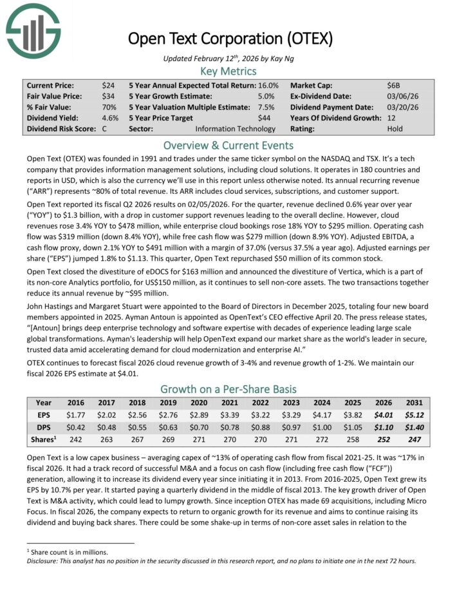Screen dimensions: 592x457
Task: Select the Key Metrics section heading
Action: click(x=228, y=71)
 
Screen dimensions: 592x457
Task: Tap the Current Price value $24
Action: click(x=109, y=84)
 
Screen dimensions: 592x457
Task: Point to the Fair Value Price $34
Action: click(x=109, y=95)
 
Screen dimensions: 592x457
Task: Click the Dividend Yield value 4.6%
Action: click(x=110, y=117)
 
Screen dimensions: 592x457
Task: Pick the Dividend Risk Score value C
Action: click(x=106, y=128)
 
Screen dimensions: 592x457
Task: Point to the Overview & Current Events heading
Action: click(x=228, y=144)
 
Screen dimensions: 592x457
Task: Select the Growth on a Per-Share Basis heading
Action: click(x=228, y=388)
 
